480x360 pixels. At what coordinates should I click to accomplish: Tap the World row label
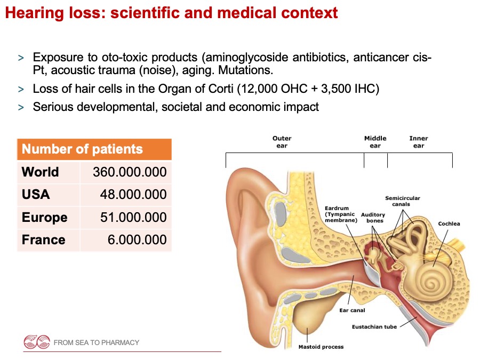tap(40, 172)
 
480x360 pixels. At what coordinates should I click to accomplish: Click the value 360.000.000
tap(130, 172)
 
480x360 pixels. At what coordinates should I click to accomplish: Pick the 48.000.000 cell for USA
tap(133, 194)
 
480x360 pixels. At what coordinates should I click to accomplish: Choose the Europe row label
tap(45, 218)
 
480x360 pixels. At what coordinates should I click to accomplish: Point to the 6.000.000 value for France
tap(137, 239)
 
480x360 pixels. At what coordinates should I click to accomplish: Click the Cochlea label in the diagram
tap(449, 223)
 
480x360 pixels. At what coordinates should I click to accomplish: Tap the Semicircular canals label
tap(403, 201)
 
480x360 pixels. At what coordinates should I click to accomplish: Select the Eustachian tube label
tap(374, 326)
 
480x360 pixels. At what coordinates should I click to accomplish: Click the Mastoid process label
tap(321, 347)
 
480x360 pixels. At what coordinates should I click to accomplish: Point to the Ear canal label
tap(352, 310)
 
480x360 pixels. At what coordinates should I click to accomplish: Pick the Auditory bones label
tap(373, 218)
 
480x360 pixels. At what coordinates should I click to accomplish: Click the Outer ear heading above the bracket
tap(282, 142)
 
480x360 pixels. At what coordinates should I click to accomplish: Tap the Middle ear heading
tap(375, 142)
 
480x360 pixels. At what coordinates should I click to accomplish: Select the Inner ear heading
tap(419, 142)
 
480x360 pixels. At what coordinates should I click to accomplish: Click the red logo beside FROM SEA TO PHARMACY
tap(37, 342)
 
